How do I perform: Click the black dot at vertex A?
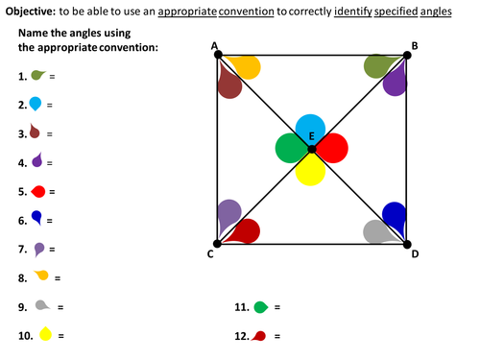click(x=218, y=55)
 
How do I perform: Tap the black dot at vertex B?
click(x=407, y=55)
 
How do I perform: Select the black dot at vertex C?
click(x=217, y=244)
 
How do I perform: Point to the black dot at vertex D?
click(x=407, y=245)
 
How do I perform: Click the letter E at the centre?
click(x=312, y=136)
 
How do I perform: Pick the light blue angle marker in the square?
click(x=310, y=129)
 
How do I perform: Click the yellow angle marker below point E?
click(x=310, y=169)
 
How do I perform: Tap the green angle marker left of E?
click(x=291, y=148)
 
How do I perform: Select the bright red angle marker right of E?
click(x=332, y=148)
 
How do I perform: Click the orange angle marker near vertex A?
click(x=246, y=66)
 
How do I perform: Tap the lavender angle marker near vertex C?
click(x=228, y=214)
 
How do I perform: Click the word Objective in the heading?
click(x=31, y=12)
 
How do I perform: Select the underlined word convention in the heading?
click(x=246, y=12)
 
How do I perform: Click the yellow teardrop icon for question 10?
click(x=45, y=333)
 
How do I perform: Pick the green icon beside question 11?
click(x=261, y=307)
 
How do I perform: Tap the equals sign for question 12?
click(x=277, y=336)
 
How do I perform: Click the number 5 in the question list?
click(x=22, y=192)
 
